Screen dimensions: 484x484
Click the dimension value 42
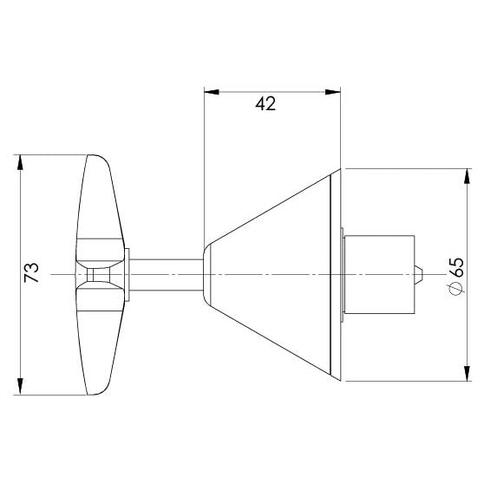265,104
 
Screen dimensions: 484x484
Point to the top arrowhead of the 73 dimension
19,161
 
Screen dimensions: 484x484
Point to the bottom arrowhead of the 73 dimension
19,387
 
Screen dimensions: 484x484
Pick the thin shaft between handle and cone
165,274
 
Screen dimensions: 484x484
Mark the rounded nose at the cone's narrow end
206,274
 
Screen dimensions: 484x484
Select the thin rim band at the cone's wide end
337,274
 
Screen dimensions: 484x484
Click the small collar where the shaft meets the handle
128,274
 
